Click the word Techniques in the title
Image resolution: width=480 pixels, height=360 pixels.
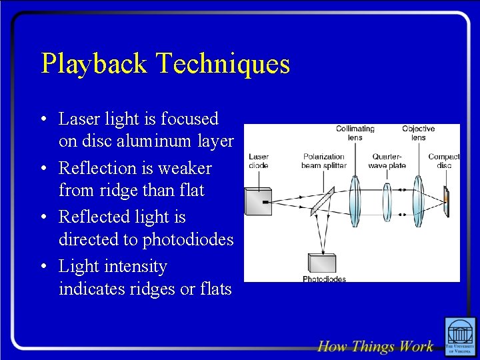[x=223, y=64]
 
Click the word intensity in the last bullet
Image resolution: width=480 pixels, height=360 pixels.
[x=135, y=266]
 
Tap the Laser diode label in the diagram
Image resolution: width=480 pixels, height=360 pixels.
[x=259, y=161]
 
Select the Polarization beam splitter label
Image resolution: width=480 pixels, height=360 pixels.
[x=323, y=161]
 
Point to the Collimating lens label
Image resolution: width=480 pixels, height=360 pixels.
[x=355, y=133]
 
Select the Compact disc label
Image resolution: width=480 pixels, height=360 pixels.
[x=443, y=161]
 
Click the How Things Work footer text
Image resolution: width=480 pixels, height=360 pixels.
[x=375, y=346]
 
